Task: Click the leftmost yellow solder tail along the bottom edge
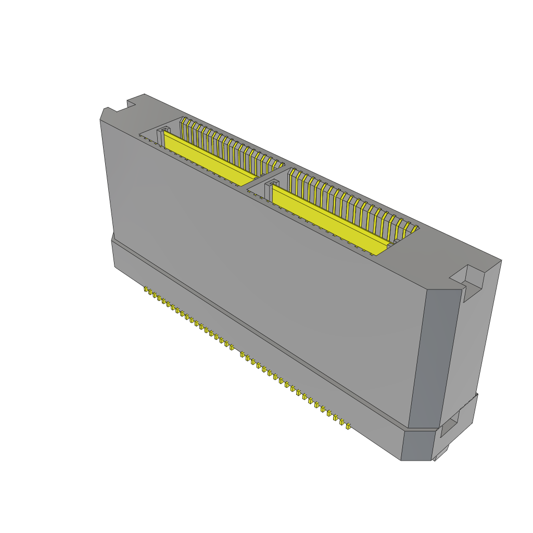pos(146,289)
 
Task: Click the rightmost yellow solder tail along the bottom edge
pos(348,426)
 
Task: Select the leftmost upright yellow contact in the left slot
pos(183,125)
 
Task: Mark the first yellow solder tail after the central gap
pos(243,354)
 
